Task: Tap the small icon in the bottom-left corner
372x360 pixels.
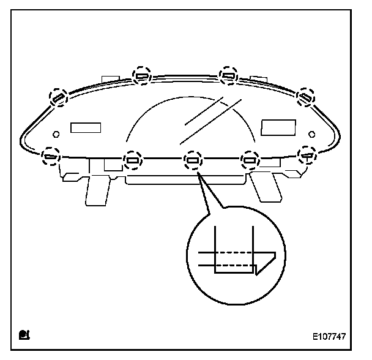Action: pos(24,334)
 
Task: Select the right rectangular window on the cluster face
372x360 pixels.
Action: pos(278,127)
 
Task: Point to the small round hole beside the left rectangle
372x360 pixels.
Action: pos(56,134)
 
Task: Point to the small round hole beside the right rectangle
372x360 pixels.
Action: pos(311,133)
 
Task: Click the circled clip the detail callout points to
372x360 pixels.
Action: pos(192,160)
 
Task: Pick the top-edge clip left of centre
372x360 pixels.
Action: pos(142,75)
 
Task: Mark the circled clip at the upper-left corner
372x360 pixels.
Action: pos(59,97)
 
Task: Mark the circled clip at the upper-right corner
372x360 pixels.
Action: pos(305,96)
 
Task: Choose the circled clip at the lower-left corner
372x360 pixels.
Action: pos(50,156)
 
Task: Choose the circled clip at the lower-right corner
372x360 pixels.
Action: pos(306,154)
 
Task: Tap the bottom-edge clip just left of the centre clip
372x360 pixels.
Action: pos(133,160)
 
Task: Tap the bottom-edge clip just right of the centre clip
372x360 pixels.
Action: pos(249,160)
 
